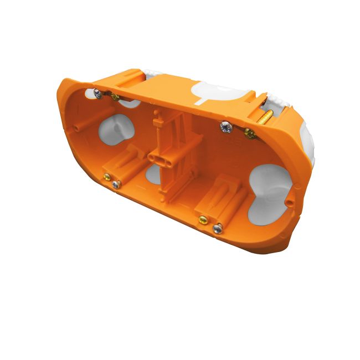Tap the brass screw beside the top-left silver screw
pyautogui.click(x=115, y=97)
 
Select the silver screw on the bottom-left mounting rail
pyautogui.click(x=115, y=184)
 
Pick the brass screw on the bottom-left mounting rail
pyautogui.click(x=105, y=177)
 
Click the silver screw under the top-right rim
pyautogui.click(x=225, y=127)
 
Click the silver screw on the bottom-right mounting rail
pyautogui.click(x=218, y=227)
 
